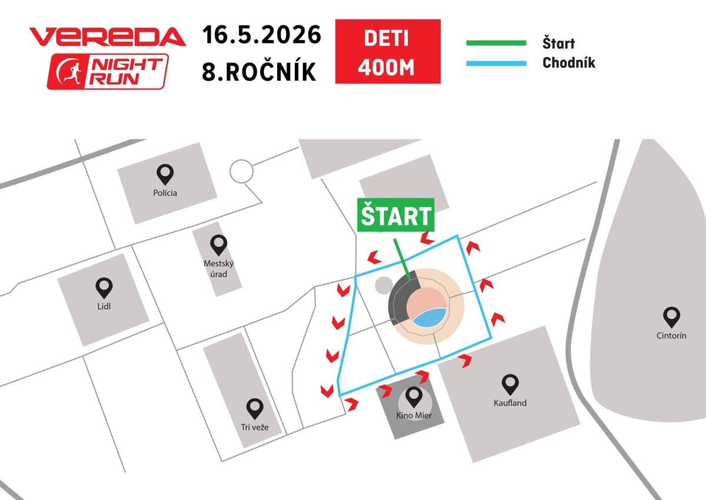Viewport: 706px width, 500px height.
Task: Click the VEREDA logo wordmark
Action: [x=108, y=37]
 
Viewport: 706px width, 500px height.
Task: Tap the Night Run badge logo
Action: [x=108, y=72]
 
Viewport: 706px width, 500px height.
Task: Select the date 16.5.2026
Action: [x=261, y=34]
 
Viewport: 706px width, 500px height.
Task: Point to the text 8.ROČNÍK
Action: [x=259, y=71]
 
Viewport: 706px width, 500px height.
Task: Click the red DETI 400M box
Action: [x=388, y=51]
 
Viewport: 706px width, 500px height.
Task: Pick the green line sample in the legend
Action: [x=496, y=43]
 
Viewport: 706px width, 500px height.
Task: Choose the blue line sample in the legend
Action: [x=496, y=64]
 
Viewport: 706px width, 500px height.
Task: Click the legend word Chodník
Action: [x=568, y=62]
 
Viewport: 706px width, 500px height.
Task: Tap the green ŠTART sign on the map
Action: [x=395, y=215]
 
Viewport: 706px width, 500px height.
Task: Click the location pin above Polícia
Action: [x=165, y=174]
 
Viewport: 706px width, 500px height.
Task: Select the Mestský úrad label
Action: [x=218, y=269]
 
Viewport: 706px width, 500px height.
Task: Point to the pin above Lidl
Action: [x=104, y=288]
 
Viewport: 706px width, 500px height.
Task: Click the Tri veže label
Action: [x=255, y=427]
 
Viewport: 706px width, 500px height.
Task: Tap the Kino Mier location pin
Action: [x=414, y=397]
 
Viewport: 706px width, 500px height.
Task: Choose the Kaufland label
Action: [x=510, y=403]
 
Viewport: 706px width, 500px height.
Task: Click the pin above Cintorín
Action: [x=671, y=317]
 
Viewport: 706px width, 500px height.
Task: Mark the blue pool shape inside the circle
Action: [x=429, y=317]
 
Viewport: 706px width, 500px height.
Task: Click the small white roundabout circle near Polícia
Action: [x=241, y=171]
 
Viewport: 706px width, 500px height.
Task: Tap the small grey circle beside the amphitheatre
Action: [x=384, y=285]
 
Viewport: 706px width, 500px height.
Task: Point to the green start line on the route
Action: [x=402, y=259]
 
